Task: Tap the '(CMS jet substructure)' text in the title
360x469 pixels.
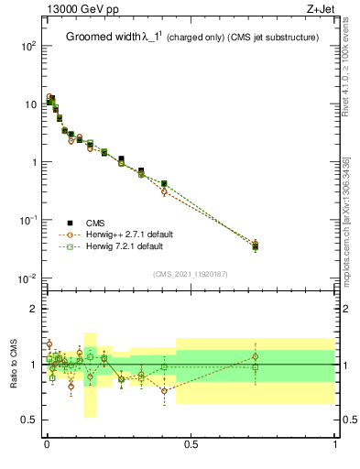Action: (272, 38)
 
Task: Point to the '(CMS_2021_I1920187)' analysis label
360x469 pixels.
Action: (191, 274)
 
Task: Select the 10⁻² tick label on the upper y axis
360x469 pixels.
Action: (27, 278)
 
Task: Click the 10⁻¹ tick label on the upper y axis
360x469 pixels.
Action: (27, 220)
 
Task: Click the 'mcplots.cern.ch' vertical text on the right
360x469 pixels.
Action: (346, 247)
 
